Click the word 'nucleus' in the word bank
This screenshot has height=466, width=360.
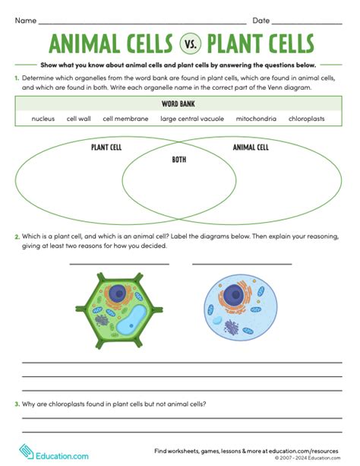tap(43, 119)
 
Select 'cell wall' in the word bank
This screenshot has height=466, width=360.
tap(78, 119)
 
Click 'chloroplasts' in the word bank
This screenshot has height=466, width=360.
tap(306, 119)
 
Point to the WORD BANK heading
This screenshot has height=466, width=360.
tap(180, 104)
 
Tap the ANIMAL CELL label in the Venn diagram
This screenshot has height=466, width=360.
tap(250, 147)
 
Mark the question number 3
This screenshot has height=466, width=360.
tap(17, 404)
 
